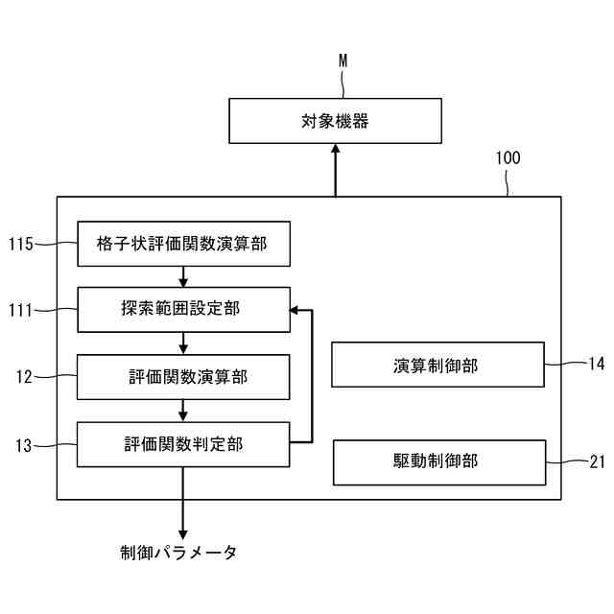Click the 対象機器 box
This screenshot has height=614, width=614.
pyautogui.click(x=335, y=121)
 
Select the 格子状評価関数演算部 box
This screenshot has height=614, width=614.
pyautogui.click(x=182, y=245)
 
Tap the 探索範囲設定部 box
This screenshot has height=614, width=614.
pyautogui.click(x=182, y=310)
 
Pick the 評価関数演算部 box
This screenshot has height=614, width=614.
pyautogui.click(x=182, y=376)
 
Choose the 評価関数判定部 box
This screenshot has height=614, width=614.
pyautogui.click(x=182, y=443)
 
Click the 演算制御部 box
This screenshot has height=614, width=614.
pyautogui.click(x=437, y=365)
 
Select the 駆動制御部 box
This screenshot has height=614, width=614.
pyautogui.click(x=438, y=461)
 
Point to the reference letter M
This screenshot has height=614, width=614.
pyautogui.click(x=342, y=61)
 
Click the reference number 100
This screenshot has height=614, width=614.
pyautogui.click(x=508, y=158)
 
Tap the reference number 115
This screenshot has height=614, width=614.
pyautogui.click(x=21, y=245)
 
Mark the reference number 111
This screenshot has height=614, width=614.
pyautogui.click(x=21, y=310)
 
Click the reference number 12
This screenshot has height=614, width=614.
pyautogui.click(x=25, y=376)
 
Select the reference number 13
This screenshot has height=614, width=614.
pyautogui.click(x=25, y=443)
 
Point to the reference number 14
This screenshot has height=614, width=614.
pyautogui.click(x=596, y=364)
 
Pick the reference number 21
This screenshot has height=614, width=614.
pyautogui.click(x=596, y=461)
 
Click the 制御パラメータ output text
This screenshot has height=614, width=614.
pyautogui.click(x=178, y=553)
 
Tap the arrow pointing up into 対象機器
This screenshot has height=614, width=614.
pyautogui.click(x=335, y=171)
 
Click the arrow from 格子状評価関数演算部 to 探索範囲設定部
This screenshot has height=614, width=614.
pyautogui.click(x=182, y=277)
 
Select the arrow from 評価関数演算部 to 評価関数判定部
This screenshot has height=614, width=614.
pyautogui.click(x=182, y=411)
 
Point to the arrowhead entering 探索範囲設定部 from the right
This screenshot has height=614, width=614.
pyautogui.click(x=295, y=310)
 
